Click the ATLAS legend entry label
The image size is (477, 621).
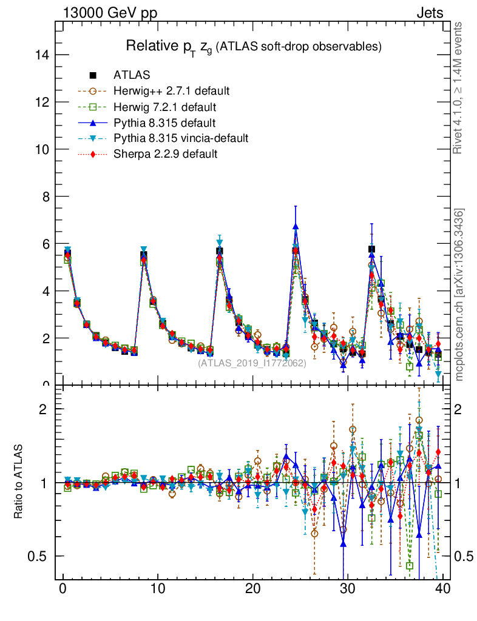click(x=132, y=75)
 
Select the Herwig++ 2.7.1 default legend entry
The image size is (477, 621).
click(x=171, y=91)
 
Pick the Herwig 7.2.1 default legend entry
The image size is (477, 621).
click(x=165, y=107)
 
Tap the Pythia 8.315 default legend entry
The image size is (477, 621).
click(x=164, y=123)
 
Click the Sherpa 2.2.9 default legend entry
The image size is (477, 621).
click(x=165, y=154)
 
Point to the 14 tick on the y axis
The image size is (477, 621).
click(x=42, y=55)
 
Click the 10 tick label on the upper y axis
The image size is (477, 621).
click(x=42, y=149)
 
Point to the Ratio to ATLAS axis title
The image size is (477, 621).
click(x=19, y=482)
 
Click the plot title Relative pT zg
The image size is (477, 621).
click(x=253, y=47)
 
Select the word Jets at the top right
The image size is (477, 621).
click(x=429, y=13)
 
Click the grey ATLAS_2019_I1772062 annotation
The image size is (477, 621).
click(x=252, y=363)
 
